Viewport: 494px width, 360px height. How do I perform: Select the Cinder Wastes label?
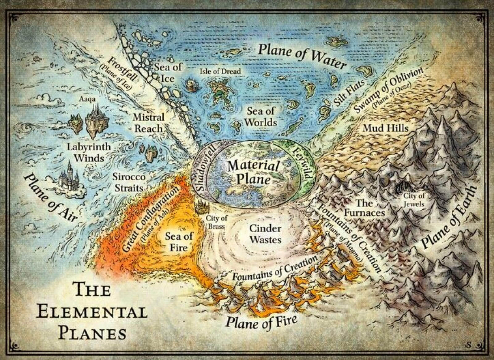coord(265,234)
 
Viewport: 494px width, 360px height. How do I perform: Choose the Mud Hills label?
coord(385,127)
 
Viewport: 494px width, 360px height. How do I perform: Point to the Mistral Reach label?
coord(148,123)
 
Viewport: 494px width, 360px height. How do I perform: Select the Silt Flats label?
coord(350,92)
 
